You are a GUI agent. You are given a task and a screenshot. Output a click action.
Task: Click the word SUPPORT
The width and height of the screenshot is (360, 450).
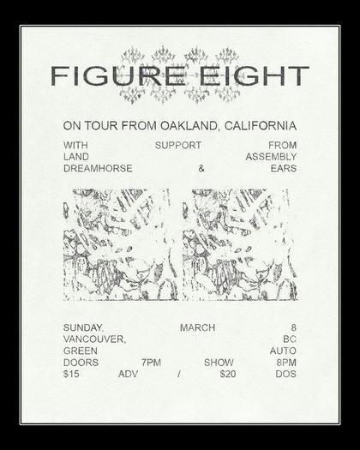pyautogui.click(x=178, y=145)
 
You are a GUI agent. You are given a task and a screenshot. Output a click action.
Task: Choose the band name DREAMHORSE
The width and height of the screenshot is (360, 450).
pyautogui.click(x=98, y=168)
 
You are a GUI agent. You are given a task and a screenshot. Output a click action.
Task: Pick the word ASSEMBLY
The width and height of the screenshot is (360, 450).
pyautogui.click(x=271, y=157)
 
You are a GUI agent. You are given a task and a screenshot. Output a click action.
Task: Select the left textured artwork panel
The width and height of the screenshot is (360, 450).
pyautogui.click(x=121, y=244)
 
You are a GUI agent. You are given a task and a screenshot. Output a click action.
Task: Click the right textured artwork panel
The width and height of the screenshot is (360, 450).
pyautogui.click(x=239, y=244)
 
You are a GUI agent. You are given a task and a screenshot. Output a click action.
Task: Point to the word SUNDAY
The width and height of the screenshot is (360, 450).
pyautogui.click(x=83, y=327)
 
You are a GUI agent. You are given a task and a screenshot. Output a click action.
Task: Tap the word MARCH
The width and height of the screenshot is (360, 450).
pyautogui.click(x=197, y=327)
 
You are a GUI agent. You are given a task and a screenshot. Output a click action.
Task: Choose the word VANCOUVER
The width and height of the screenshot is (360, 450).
pyautogui.click(x=94, y=339)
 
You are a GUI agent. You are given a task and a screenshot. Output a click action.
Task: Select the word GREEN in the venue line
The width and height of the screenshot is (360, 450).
pyautogui.click(x=80, y=351)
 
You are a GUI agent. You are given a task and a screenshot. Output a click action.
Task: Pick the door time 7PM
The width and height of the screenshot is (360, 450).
pyautogui.click(x=151, y=362)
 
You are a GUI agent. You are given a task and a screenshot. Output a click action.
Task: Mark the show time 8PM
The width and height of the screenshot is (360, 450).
pyautogui.click(x=286, y=362)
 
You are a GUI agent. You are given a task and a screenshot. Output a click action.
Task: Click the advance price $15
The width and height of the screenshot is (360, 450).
pyautogui.click(x=71, y=374)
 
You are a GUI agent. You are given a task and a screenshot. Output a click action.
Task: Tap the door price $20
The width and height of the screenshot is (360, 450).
pyautogui.click(x=227, y=374)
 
